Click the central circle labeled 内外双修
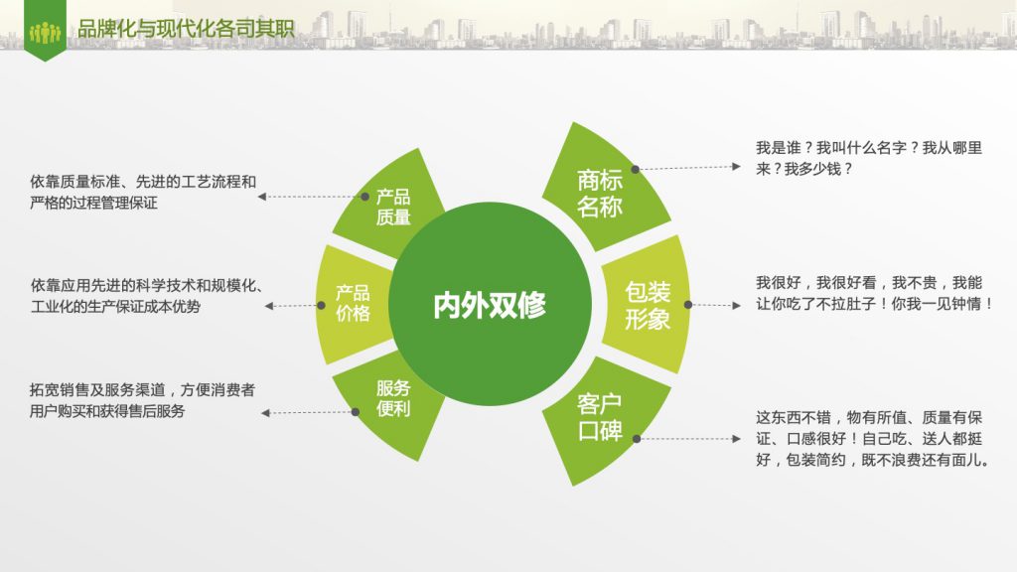pyautogui.click(x=490, y=304)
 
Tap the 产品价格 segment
pyautogui.click(x=353, y=304)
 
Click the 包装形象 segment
pyautogui.click(x=647, y=304)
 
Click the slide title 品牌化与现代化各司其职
pyautogui.click(x=186, y=29)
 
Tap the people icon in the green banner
pyautogui.click(x=45, y=32)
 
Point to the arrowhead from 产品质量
pyautogui.click(x=262, y=197)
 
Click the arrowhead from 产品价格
pyautogui.click(x=268, y=306)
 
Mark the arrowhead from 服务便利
pyautogui.click(x=265, y=413)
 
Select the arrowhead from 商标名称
pyautogui.click(x=736, y=167)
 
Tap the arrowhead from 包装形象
pyautogui.click(x=736, y=306)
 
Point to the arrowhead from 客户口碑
pyautogui.click(x=736, y=439)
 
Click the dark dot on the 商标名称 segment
pyautogui.click(x=636, y=169)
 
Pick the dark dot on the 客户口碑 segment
pyautogui.click(x=637, y=439)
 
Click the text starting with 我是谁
pyautogui.click(x=869, y=158)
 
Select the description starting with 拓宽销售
pyautogui.click(x=142, y=400)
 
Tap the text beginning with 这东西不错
pyautogui.click(x=873, y=438)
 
